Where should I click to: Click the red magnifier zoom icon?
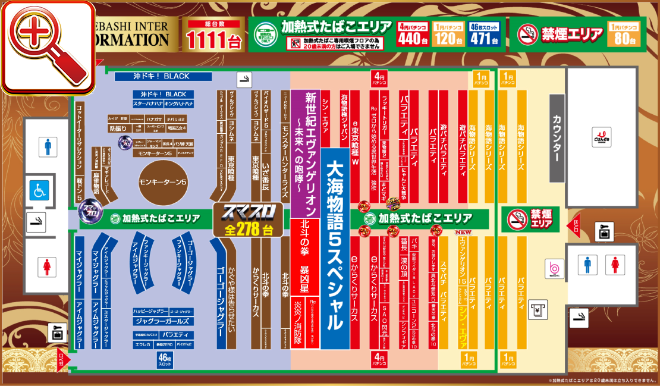click(48, 48)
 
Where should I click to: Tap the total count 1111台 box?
click(213, 34)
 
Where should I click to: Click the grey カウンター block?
click(557, 138)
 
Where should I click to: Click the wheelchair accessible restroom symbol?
click(39, 190)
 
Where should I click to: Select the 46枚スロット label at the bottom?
click(165, 359)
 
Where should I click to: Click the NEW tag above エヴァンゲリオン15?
click(463, 233)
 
